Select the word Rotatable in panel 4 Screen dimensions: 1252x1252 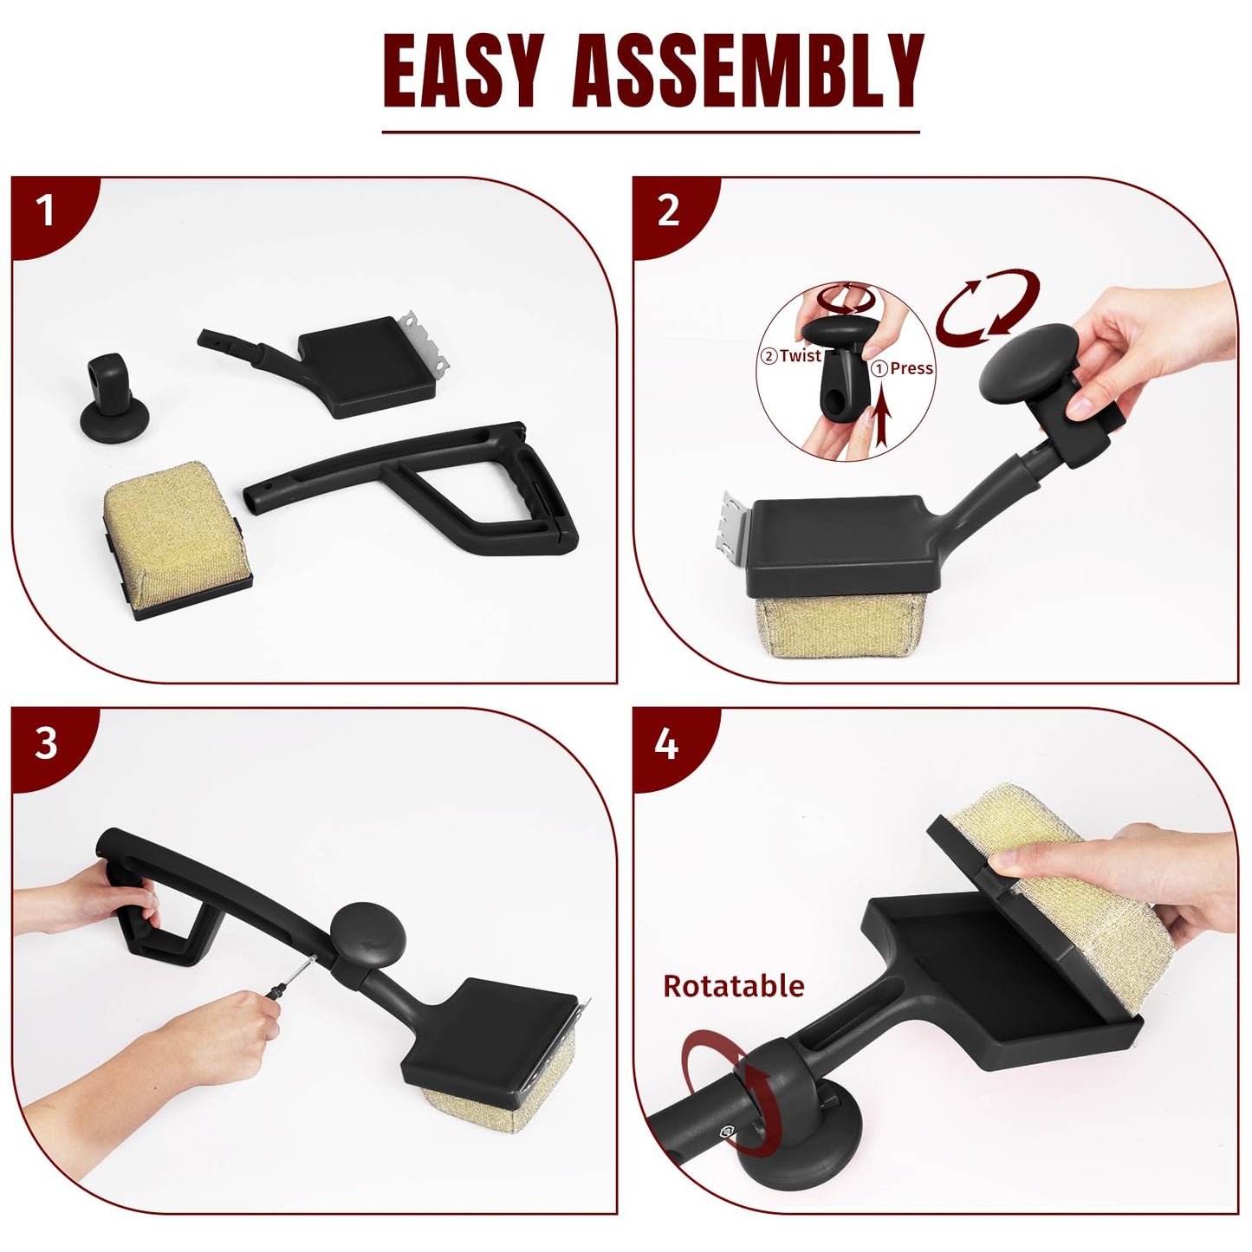[734, 986]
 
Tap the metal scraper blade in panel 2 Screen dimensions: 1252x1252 [736, 536]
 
